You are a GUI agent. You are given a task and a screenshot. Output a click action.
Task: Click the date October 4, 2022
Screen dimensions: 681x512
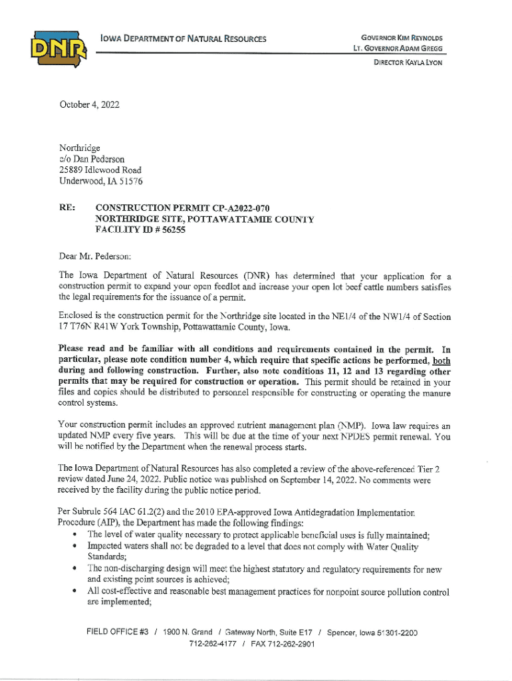(89, 104)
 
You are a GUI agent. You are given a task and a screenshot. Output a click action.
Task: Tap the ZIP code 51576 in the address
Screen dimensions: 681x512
(127, 181)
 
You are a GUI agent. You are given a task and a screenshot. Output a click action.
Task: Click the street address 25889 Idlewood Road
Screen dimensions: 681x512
(100, 170)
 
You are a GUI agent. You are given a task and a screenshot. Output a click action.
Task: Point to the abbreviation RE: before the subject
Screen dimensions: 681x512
(68, 208)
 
